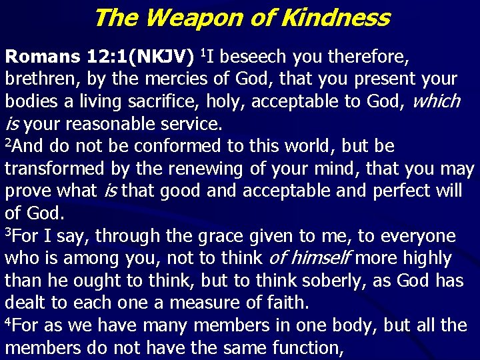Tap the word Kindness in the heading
click(x=335, y=18)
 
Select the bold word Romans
click(x=43, y=57)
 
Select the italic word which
click(x=437, y=101)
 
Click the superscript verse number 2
click(x=8, y=143)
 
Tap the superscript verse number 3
click(x=8, y=233)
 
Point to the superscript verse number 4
click(x=8, y=323)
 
